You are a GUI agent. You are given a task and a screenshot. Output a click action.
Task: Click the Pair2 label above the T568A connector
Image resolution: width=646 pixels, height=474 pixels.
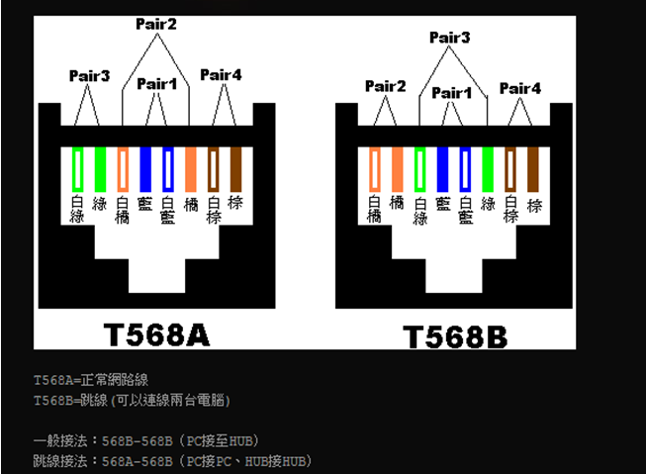pos(156,24)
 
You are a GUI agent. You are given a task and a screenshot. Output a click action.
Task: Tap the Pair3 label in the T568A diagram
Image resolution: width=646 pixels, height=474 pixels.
pos(89,76)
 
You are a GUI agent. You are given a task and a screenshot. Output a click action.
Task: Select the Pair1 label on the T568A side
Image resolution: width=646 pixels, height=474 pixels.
pos(156,84)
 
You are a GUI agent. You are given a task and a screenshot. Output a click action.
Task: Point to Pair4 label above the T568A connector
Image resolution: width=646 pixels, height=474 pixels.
pos(221,75)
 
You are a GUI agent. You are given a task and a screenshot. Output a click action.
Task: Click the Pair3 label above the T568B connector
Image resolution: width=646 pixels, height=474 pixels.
pos(449,38)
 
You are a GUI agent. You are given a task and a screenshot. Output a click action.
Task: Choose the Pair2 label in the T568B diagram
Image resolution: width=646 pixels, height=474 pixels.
pos(385,86)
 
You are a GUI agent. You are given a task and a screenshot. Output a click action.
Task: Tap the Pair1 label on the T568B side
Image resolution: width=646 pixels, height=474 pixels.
pos(451,93)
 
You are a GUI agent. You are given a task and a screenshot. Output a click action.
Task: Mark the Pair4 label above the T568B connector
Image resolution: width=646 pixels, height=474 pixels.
pos(520,88)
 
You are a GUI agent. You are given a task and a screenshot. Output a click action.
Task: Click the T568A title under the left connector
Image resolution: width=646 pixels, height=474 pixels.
pos(156,334)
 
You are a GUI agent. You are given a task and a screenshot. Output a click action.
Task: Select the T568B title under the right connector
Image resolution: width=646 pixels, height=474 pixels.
pos(455,336)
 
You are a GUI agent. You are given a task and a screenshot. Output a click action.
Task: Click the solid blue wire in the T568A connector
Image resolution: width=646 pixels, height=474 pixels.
pos(145,169)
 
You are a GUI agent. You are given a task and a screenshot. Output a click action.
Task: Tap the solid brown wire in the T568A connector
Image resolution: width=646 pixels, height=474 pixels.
pos(235,169)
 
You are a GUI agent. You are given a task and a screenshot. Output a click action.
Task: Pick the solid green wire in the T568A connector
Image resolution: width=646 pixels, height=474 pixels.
pos(100,169)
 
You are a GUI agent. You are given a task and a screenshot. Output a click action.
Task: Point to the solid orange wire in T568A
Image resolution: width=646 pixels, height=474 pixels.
pos(191,169)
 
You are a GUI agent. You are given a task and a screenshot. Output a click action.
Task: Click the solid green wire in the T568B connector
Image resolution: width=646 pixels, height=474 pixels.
pos(488,169)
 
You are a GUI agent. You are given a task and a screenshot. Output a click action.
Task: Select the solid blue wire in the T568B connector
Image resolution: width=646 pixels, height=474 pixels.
pos(442,169)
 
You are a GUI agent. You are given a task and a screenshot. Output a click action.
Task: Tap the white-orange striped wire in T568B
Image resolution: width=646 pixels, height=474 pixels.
pos(375,169)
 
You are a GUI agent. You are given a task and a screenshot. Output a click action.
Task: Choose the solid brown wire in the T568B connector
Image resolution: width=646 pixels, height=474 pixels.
pos(532,169)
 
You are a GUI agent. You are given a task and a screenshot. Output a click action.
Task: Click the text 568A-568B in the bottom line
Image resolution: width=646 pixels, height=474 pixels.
pos(138,462)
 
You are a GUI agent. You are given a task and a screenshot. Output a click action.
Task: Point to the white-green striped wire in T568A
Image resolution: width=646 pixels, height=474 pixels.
pos(77,169)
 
